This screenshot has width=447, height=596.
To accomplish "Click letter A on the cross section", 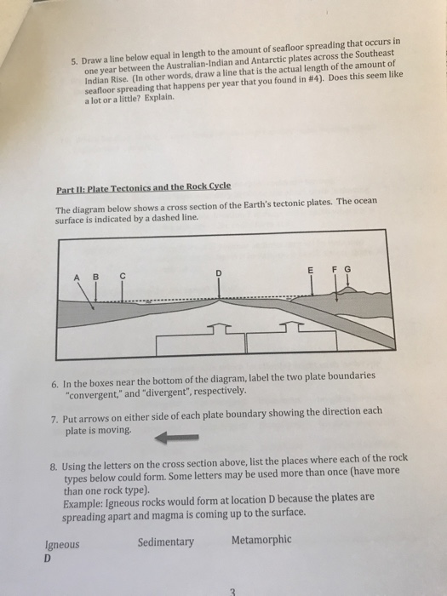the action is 77,278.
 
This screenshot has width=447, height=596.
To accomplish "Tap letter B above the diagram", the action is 95,277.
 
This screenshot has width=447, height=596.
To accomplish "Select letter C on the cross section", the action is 123,277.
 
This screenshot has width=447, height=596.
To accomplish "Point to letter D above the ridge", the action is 219,273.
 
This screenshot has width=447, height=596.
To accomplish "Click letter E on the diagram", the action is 311,270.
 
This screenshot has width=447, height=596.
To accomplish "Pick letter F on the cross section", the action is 335,270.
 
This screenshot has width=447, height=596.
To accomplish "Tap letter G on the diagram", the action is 347,269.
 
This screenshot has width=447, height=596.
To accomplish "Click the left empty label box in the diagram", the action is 201,341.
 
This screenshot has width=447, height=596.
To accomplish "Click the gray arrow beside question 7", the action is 177,438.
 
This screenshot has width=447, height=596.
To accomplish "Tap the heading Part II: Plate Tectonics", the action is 143,188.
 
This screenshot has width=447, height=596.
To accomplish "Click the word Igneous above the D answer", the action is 62,545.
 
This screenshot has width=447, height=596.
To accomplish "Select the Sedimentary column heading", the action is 166,542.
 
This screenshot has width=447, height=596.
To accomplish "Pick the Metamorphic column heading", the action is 261,540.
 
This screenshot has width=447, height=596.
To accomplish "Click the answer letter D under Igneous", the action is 48,559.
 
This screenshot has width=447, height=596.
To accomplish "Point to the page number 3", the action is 233,592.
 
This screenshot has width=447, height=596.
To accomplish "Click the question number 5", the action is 75,62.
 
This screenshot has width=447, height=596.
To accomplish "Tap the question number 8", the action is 54,467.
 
